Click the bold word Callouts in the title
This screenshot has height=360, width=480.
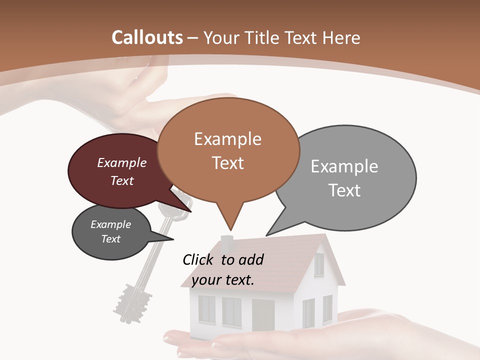[x=147, y=37]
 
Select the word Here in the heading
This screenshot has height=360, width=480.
[x=342, y=37]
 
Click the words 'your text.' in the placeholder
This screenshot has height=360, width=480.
[x=223, y=280]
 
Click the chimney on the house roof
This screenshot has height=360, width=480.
[x=227, y=243]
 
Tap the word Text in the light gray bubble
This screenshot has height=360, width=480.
[x=344, y=190]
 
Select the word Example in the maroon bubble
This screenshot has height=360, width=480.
[x=121, y=162]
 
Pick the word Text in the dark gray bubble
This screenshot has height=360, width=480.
[x=110, y=239]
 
